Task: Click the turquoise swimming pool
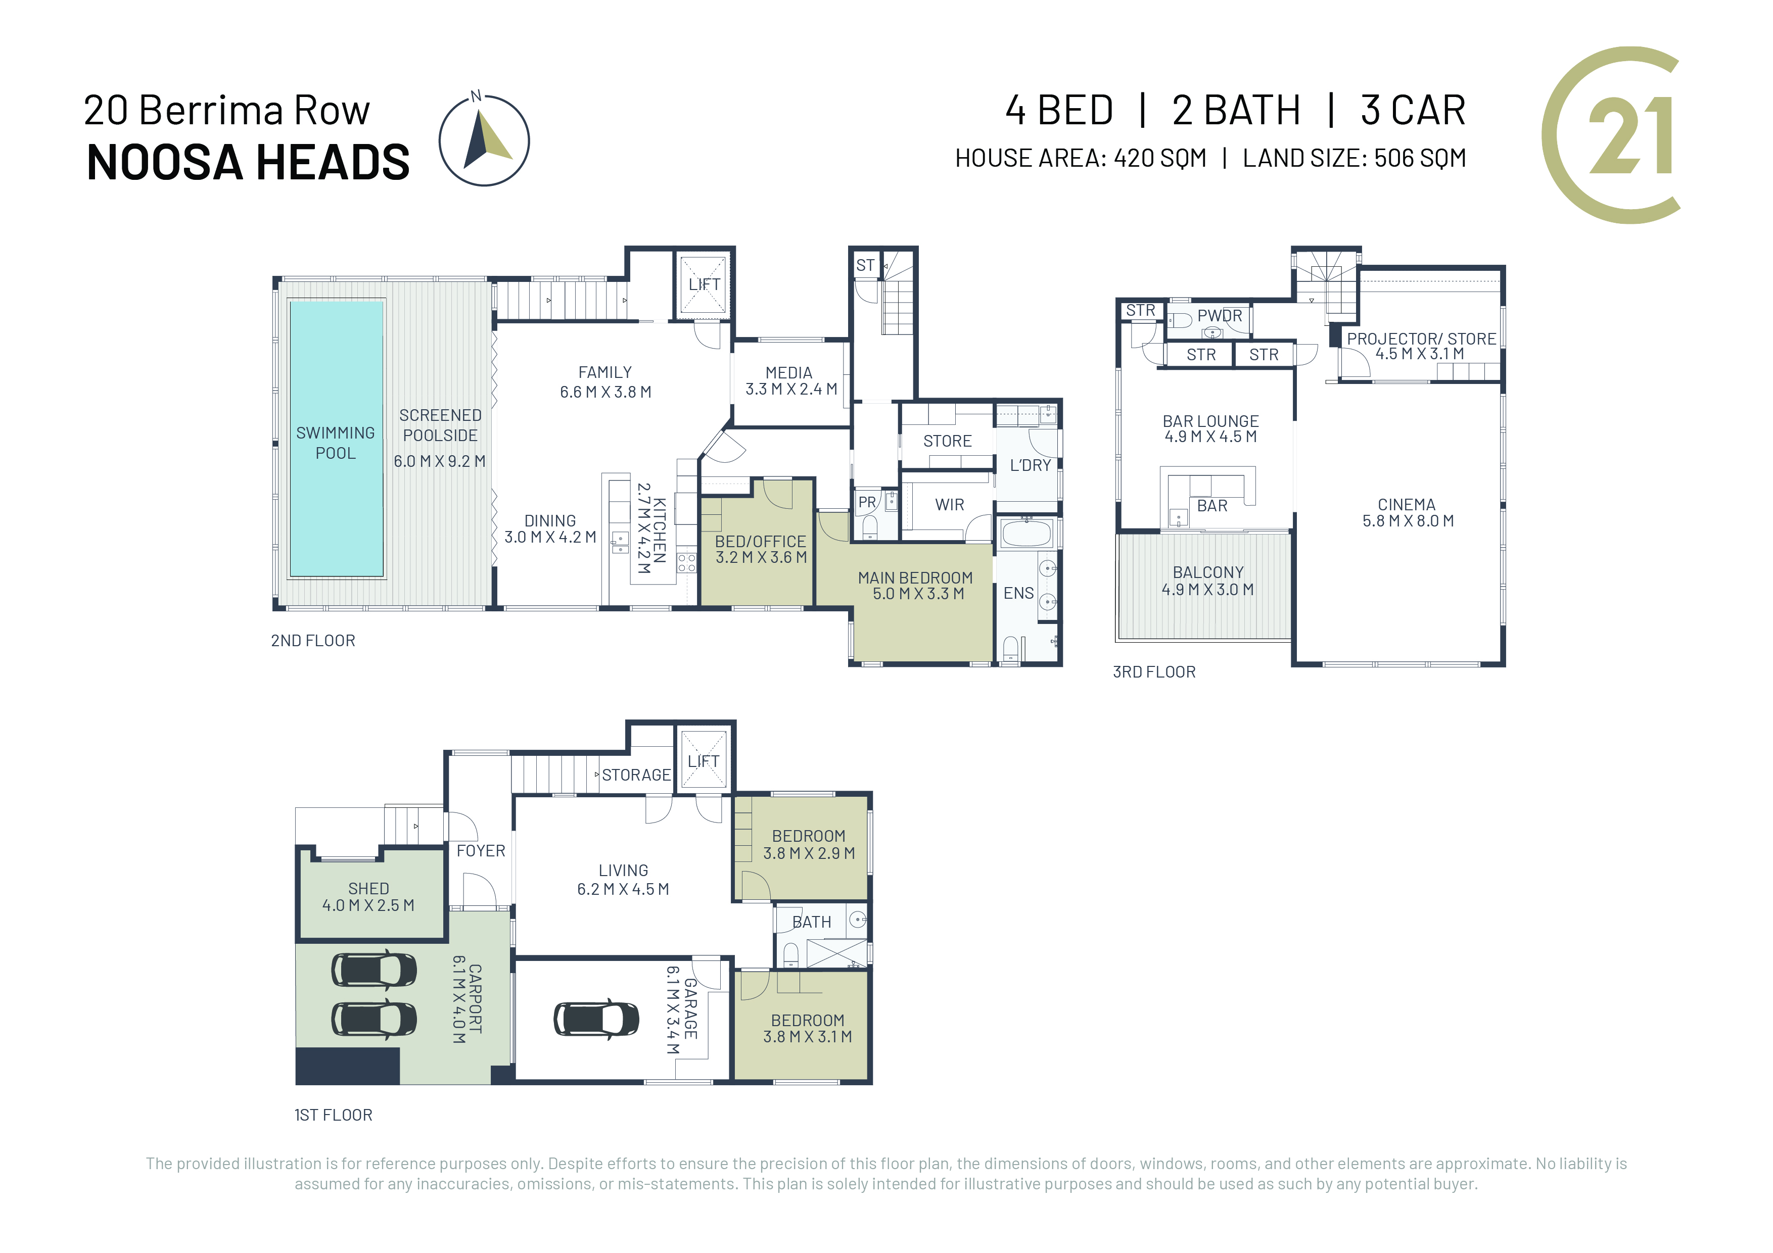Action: coord(336,439)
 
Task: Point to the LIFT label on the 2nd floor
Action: coord(704,285)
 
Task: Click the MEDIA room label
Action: coord(788,373)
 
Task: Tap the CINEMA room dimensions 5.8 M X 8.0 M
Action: coord(1408,521)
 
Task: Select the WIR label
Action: coord(949,505)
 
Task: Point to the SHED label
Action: coord(368,889)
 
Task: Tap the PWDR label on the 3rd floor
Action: coord(1220,316)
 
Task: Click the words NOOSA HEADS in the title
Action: coord(248,162)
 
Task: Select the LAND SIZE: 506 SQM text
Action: coord(1354,158)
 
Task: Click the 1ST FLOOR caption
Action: coord(334,1115)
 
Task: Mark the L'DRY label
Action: coord(1030,465)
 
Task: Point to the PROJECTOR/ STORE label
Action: coord(1422,339)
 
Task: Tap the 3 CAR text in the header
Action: coord(1413,111)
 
